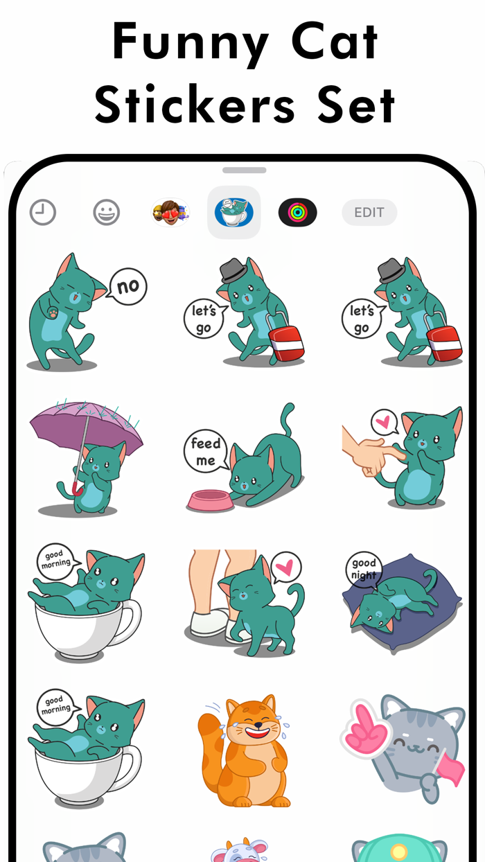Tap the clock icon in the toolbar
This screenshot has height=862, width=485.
(x=43, y=213)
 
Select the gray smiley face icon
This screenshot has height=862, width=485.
(x=107, y=213)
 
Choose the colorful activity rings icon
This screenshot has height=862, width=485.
(x=298, y=213)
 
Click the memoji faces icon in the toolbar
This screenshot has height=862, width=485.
(x=170, y=213)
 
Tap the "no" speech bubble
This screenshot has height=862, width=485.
(x=128, y=285)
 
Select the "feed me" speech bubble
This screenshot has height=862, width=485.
(x=206, y=452)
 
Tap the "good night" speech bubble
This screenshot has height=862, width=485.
(x=364, y=570)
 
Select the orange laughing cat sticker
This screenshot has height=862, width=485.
(x=246, y=752)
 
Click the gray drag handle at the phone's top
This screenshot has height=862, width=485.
(x=244, y=170)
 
